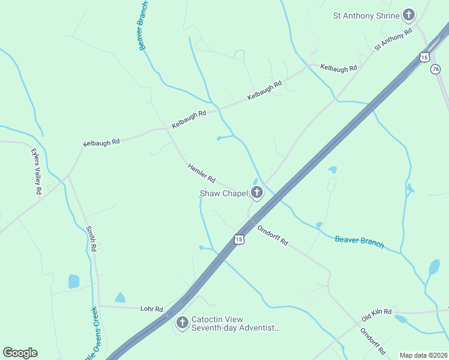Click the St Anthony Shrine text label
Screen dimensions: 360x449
tap(366, 16)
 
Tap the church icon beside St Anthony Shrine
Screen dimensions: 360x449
tap(409, 15)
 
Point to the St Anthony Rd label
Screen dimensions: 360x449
tap(393, 38)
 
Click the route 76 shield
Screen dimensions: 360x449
tap(436, 70)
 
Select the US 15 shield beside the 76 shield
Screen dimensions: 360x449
tap(424, 57)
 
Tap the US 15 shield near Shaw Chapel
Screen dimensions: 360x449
tap(240, 239)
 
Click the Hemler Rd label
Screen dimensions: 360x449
tap(201, 173)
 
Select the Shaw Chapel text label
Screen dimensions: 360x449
tap(223, 193)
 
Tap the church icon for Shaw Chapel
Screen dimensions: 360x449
tap(257, 193)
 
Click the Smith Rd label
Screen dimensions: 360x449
tap(91, 239)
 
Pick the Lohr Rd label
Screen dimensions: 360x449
tap(151, 309)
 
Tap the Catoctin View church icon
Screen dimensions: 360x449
tap(182, 323)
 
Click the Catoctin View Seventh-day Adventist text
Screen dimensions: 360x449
tap(235, 324)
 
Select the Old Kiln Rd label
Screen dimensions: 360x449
tap(376, 313)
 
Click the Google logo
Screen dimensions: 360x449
tap(20, 353)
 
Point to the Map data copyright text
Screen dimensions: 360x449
tap(423, 355)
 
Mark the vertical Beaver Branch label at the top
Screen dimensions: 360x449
tap(143, 25)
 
